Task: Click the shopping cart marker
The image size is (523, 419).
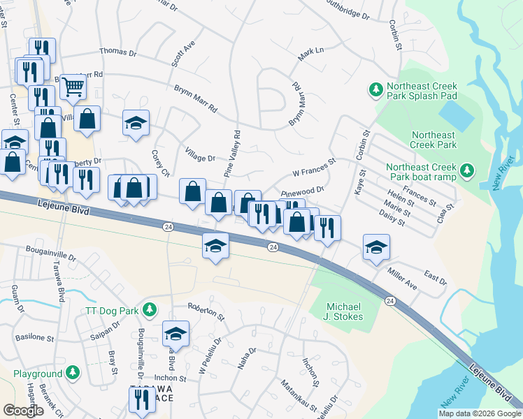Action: coord(72,87)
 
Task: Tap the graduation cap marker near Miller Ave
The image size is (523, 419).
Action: coord(376,247)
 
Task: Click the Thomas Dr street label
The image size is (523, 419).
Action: coord(117,52)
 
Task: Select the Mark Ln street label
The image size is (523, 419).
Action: coord(311,55)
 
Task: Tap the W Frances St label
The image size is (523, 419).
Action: coord(314,169)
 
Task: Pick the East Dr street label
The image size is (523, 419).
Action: coord(435,279)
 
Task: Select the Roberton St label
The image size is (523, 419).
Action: coord(206,311)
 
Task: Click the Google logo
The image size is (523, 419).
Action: coord(23,411)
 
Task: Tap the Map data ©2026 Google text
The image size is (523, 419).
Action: coord(479,413)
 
